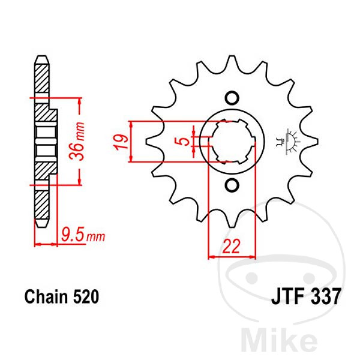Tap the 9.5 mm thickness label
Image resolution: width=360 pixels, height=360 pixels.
(x=83, y=235)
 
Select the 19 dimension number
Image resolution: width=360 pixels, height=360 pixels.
(x=121, y=142)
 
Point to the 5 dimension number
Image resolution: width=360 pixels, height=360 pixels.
(x=183, y=142)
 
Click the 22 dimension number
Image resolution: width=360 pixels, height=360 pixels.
(x=231, y=246)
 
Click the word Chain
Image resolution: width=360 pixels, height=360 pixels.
(x=47, y=296)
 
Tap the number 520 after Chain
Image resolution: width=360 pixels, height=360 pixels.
(x=86, y=296)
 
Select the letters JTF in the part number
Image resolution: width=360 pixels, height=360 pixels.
(x=289, y=296)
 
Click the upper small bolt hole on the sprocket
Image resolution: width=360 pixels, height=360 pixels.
(x=232, y=98)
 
